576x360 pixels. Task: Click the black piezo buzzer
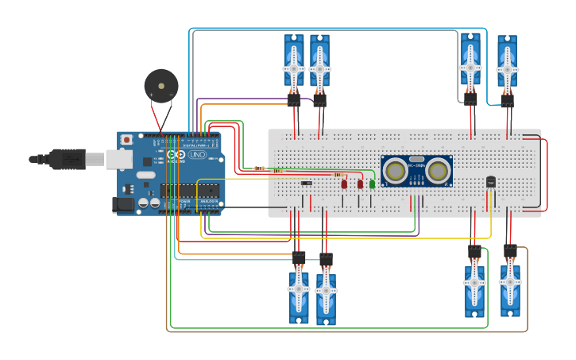[x=161, y=86]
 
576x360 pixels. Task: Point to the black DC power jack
[x=122, y=204]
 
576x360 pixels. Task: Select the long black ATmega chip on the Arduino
[x=189, y=190]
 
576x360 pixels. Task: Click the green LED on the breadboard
[x=372, y=184]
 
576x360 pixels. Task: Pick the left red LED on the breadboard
[x=344, y=184]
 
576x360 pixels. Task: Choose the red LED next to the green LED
[x=360, y=184]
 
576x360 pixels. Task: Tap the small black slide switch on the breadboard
[x=306, y=184]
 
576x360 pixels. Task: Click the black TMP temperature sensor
[x=490, y=182]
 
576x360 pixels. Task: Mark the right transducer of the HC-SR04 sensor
[x=437, y=170]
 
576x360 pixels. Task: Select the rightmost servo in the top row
[x=507, y=64]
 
